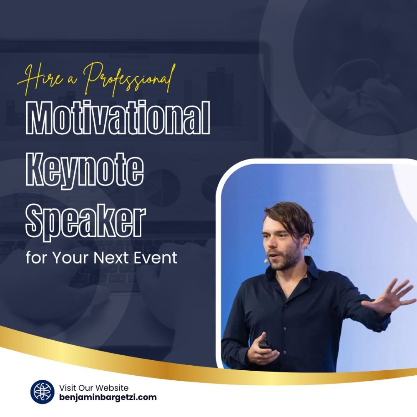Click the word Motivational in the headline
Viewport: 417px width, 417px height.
click(x=118, y=117)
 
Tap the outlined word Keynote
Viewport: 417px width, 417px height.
click(x=85, y=169)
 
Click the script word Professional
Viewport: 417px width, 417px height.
click(x=129, y=78)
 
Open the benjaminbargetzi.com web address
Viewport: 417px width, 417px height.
click(x=108, y=397)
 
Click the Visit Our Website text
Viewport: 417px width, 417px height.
click(x=93, y=387)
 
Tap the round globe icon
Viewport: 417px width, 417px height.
click(x=42, y=392)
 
